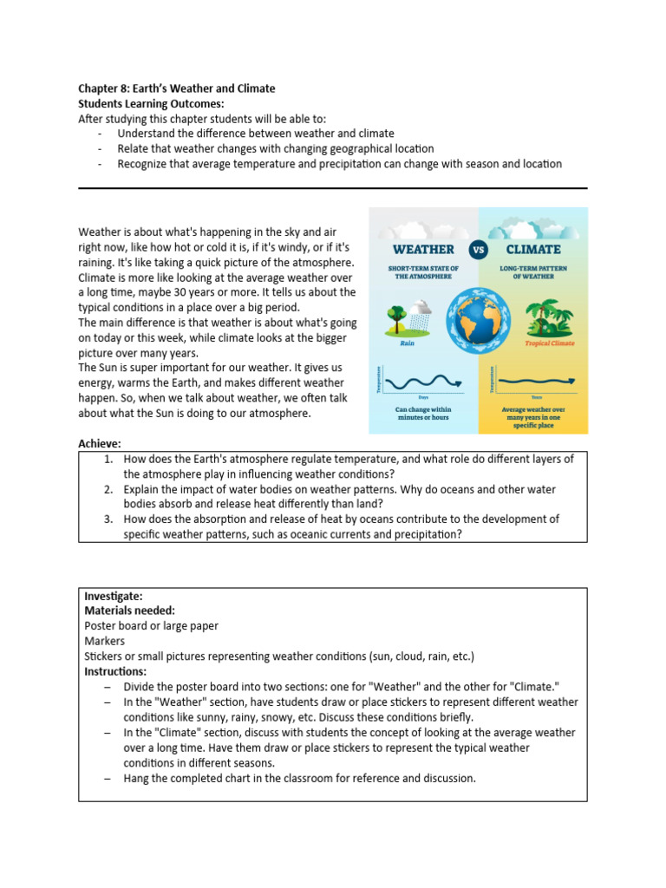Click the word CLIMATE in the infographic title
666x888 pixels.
pos(532,250)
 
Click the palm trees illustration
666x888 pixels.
pos(545,317)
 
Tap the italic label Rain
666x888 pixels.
pos(408,343)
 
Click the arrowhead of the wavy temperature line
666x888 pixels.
pos(458,379)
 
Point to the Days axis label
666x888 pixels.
pos(421,397)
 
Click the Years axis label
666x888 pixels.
pos(536,397)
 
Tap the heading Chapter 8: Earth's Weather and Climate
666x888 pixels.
pos(177,88)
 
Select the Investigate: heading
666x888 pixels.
pos(114,597)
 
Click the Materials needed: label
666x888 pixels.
pos(129,610)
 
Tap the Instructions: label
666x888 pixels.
pos(115,671)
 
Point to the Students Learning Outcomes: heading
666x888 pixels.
pos(151,103)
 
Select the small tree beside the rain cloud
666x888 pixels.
pos(398,315)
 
